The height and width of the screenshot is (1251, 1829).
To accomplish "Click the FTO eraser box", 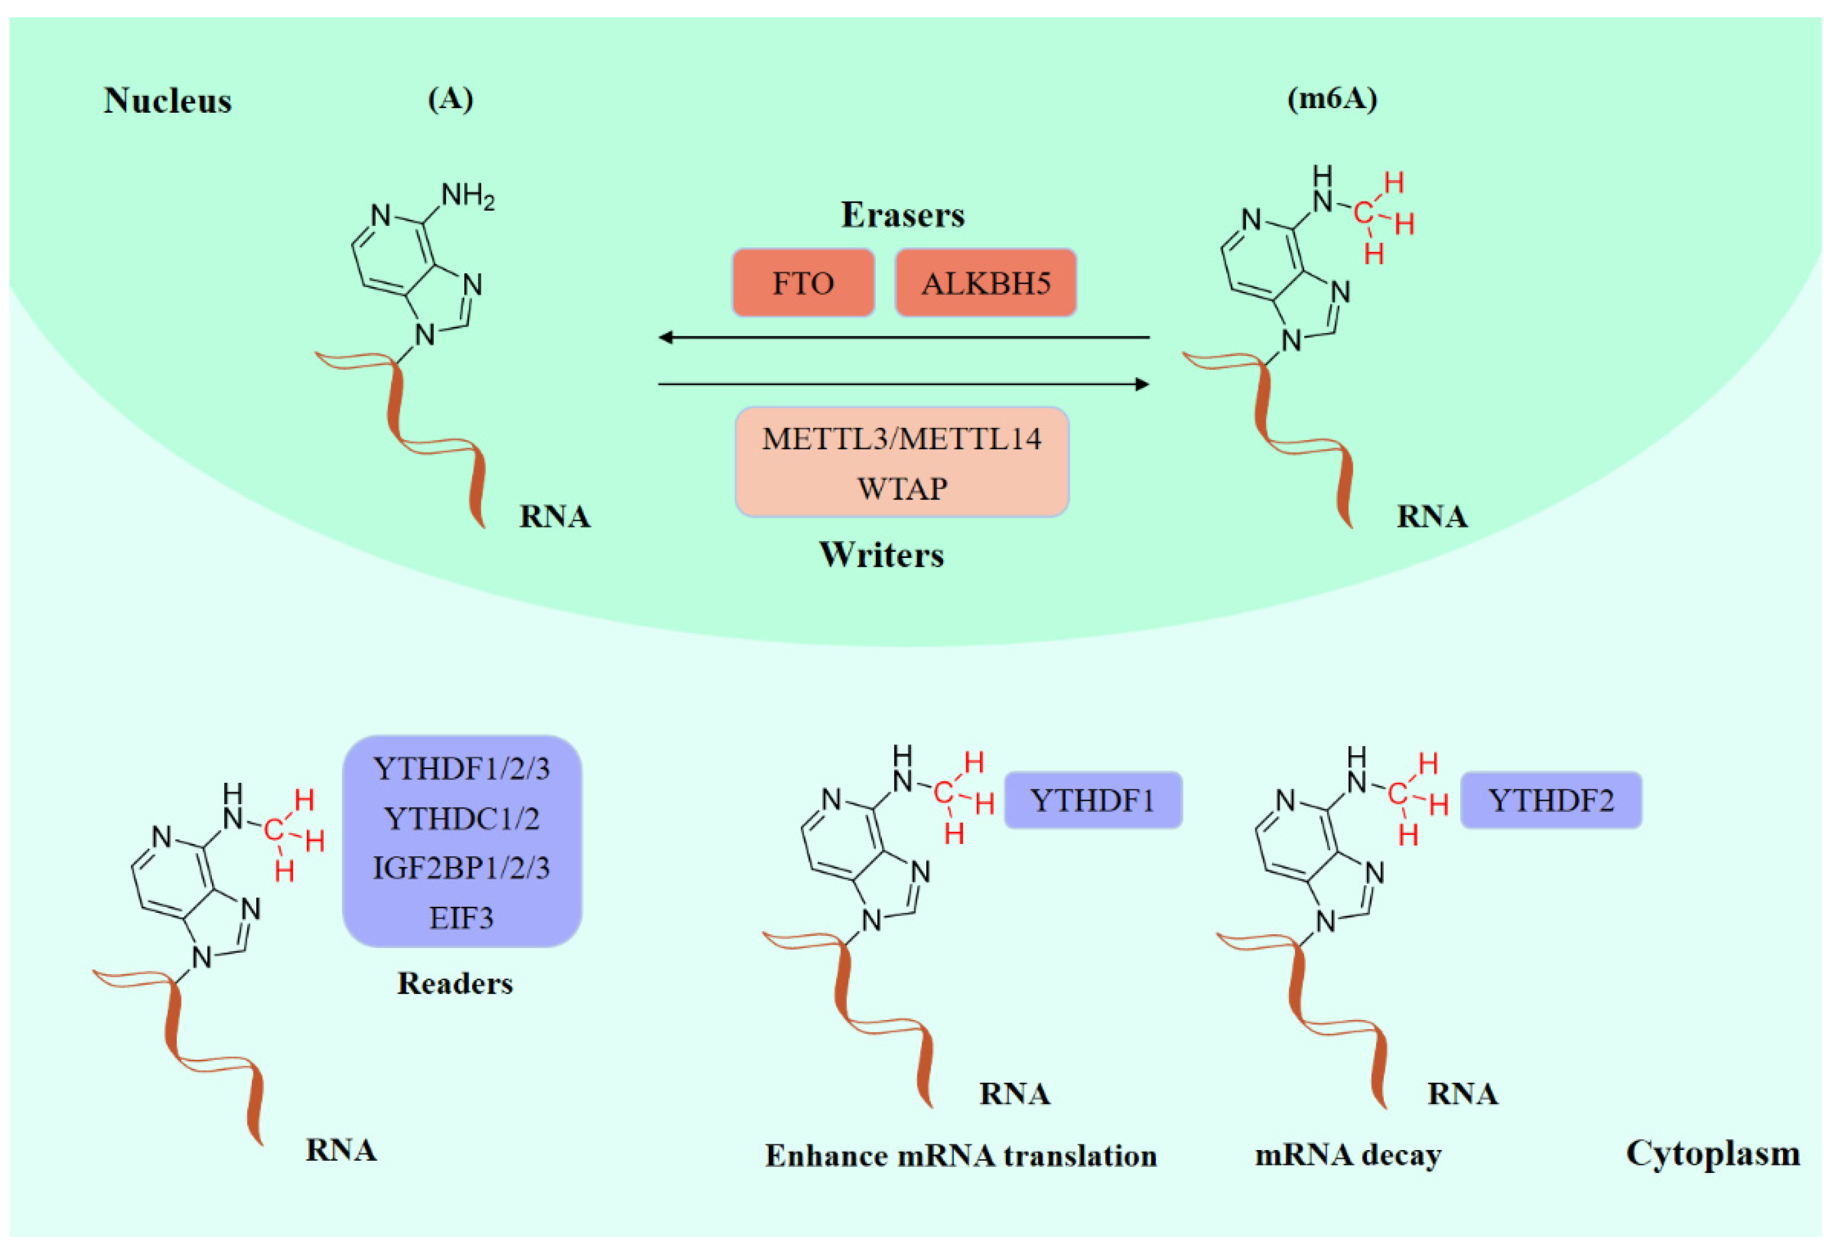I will click(803, 283).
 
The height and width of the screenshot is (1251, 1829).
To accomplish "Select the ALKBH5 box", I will click(985, 283).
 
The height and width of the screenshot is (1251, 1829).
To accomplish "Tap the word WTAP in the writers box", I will click(902, 489).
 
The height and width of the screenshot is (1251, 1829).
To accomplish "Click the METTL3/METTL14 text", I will click(902, 438).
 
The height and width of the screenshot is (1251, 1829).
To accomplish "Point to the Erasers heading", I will click(903, 215).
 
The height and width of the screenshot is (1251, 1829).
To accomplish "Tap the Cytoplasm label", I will click(1712, 1153).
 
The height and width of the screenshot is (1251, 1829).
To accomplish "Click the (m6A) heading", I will click(1332, 99).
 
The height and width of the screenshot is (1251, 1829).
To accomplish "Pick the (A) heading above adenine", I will click(450, 99).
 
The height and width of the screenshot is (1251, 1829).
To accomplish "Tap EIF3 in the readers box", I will click(461, 918).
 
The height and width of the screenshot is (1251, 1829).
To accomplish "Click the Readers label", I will click(455, 984).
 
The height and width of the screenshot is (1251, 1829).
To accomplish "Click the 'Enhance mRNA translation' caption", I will click(961, 1156).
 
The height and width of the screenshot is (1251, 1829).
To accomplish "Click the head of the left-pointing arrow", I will click(666, 338).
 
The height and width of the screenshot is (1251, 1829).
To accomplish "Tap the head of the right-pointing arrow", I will click(1142, 384).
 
